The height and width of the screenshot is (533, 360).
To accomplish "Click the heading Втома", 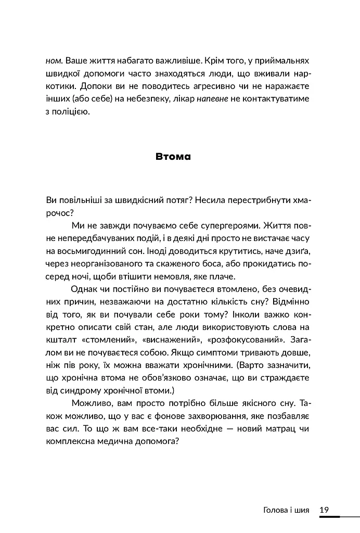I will tap(173, 156).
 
